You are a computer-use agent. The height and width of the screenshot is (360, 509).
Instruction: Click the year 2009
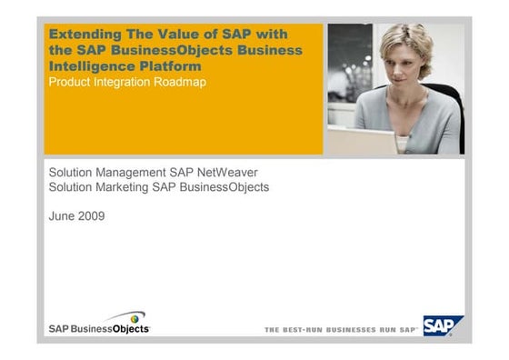click(x=91, y=216)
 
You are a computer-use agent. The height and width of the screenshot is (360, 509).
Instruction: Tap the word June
click(x=62, y=216)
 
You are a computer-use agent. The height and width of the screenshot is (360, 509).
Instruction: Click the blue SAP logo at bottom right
click(x=443, y=325)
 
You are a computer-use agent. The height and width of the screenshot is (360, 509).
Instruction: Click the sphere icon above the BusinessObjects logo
click(x=137, y=318)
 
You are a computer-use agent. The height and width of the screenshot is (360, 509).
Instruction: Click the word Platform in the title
click(x=176, y=65)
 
